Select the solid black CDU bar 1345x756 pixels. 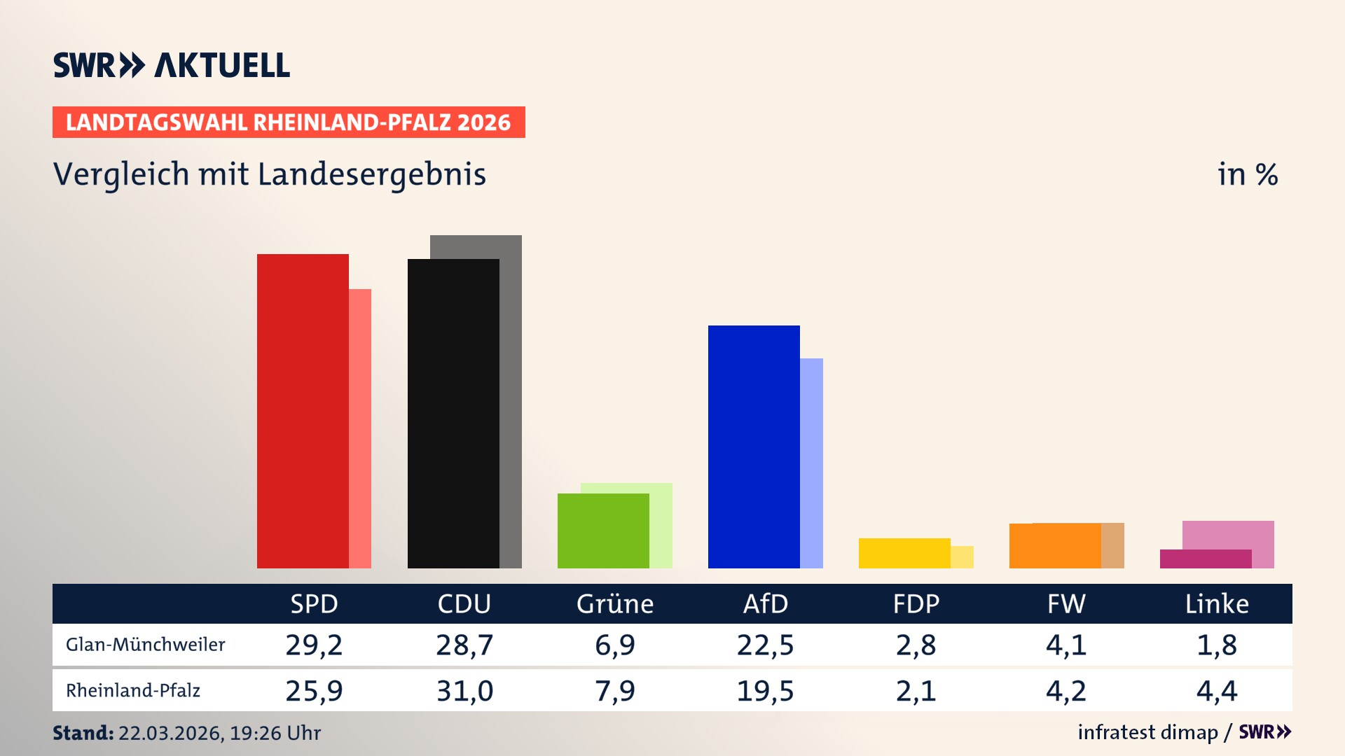tap(453, 413)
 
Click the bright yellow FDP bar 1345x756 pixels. tap(904, 553)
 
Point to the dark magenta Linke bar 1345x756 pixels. tap(1205, 559)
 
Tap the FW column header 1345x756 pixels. tap(1066, 604)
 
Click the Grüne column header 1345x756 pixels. tap(615, 604)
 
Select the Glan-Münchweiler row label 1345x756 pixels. tap(146, 645)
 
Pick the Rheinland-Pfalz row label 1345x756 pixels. tap(133, 691)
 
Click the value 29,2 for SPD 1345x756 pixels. tap(314, 645)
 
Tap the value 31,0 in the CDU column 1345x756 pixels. tap(464, 691)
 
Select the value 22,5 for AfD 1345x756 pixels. tap(765, 645)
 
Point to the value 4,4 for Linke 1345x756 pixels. tap(1217, 691)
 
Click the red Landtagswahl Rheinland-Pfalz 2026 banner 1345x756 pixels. tap(289, 122)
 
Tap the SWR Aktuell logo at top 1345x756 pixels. tap(172, 65)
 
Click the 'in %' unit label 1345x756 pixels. tap(1247, 174)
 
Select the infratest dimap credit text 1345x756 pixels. tap(1147, 732)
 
